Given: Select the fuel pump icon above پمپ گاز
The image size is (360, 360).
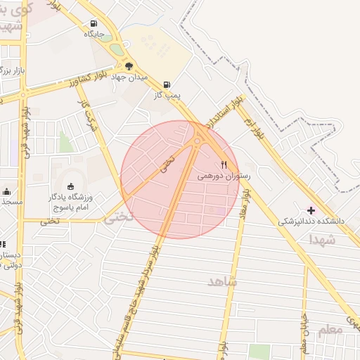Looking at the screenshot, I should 167,84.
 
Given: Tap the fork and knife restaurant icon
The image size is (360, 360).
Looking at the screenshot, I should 224,165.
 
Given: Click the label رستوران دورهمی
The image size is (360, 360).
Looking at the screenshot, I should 224,176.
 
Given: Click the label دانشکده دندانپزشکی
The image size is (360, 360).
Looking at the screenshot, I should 311,221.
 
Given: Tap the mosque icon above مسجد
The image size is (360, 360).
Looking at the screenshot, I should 6,191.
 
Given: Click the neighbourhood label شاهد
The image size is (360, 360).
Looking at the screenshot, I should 223,281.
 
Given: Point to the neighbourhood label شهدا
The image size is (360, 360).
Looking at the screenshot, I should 321,240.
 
